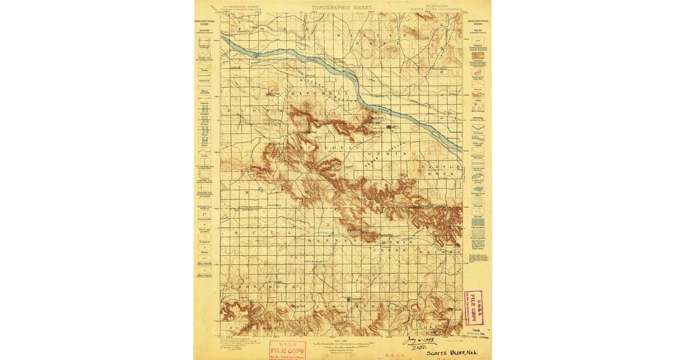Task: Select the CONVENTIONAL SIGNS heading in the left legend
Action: pyautogui.click(x=204, y=22)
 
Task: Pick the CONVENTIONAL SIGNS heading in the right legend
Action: pyautogui.click(x=478, y=22)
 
